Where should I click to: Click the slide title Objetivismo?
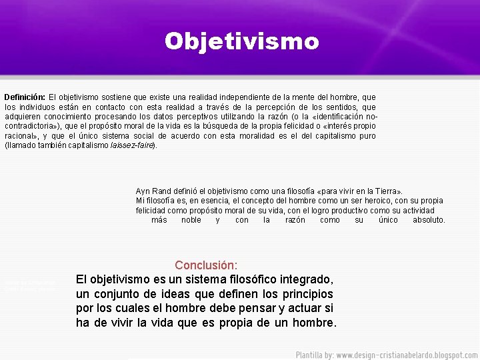(242, 41)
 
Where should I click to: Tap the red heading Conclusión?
(206, 265)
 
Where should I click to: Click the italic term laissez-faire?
(132, 145)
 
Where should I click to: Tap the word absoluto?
(428, 220)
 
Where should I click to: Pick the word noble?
(191, 220)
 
